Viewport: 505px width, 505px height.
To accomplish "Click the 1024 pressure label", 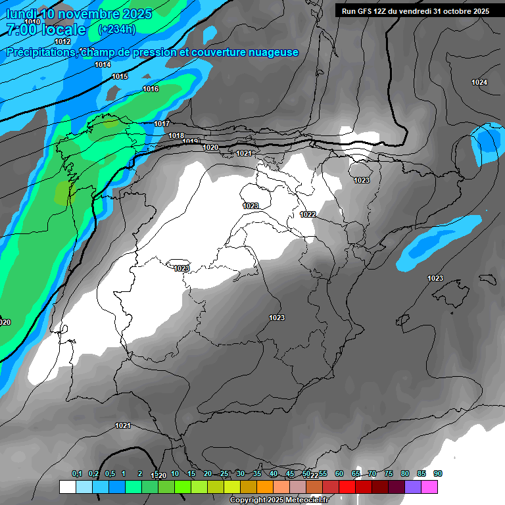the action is coord(479,82).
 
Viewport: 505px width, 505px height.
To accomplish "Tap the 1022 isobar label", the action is coord(308,214).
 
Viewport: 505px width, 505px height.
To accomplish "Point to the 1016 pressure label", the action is coord(151,89).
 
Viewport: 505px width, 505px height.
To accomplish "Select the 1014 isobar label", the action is coord(103,64).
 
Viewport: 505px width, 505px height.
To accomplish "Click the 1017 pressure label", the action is coord(162,124).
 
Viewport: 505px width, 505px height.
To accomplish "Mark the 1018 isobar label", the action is coord(176,135).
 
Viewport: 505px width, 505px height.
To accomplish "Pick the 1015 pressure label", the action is coord(120,77).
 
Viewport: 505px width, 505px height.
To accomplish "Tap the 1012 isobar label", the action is coord(62,41).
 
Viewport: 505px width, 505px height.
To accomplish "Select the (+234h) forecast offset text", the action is coord(116,29).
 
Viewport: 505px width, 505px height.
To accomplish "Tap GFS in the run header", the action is coord(365,11).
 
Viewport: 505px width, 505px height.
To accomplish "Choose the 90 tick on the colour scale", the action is coord(438,473).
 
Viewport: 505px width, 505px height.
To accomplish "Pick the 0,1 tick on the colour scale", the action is coord(77,473).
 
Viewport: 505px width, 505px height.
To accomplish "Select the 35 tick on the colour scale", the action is coord(257,473).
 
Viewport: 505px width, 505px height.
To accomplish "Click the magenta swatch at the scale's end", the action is coord(429,487).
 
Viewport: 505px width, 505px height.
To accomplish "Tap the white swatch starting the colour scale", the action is coord(67,487).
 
